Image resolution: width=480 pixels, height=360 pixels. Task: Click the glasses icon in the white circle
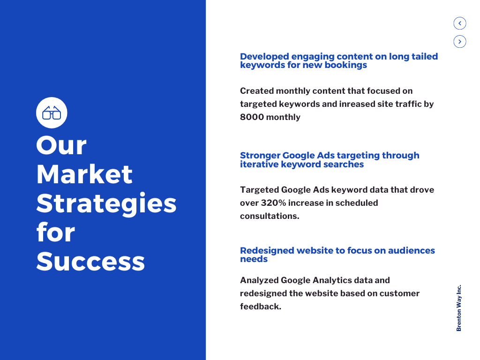coord(52,112)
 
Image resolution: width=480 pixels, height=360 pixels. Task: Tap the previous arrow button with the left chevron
coord(460,23)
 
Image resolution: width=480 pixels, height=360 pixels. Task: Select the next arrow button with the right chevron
coord(460,42)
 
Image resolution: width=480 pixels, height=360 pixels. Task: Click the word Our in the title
coord(61,145)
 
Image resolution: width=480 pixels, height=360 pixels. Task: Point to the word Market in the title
coord(84,174)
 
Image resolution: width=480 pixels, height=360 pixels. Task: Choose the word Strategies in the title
coord(106,203)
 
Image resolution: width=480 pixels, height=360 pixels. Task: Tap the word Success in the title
coord(90,261)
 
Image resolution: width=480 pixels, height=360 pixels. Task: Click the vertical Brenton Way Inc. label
coord(459,308)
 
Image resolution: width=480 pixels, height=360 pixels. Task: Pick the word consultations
coord(269,216)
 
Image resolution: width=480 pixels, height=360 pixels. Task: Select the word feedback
coord(260,307)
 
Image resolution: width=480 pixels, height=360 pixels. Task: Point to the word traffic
coord(405,104)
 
